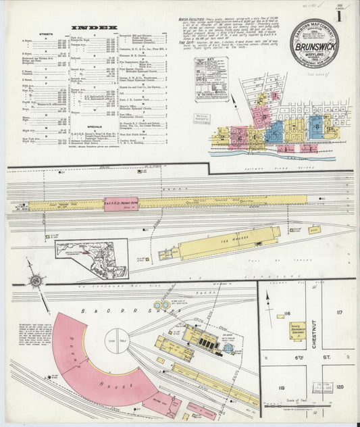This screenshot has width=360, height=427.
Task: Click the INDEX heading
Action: [x=90, y=28]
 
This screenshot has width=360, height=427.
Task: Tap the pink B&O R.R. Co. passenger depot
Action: [x=120, y=204]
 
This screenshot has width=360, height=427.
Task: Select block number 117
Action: [x=339, y=312]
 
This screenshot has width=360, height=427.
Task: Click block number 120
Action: [x=340, y=386]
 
